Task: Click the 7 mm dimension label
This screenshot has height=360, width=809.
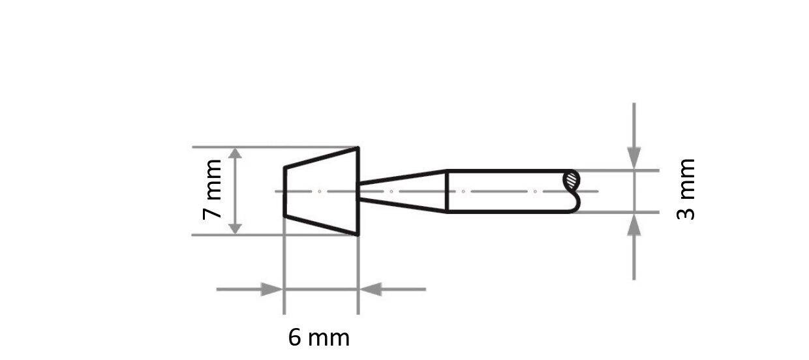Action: point(213,189)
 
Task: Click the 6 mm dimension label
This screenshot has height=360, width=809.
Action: point(319,338)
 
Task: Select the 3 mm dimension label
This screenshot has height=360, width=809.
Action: point(686,190)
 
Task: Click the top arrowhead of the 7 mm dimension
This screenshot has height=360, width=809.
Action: point(236,154)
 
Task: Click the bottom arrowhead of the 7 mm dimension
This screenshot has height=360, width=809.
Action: point(236,228)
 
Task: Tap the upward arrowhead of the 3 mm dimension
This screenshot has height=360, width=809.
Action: point(633,224)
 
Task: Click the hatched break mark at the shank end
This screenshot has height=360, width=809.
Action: point(572,179)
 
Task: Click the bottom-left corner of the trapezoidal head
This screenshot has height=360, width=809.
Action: point(284,215)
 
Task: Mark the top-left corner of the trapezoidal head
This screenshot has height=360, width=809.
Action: point(284,168)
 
